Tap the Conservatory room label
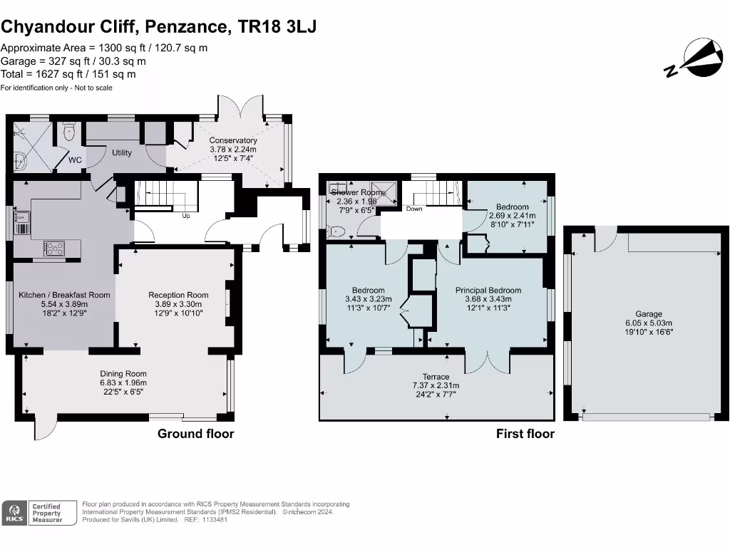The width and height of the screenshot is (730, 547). coord(233,140)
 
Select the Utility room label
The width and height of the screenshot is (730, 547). coord(122,152)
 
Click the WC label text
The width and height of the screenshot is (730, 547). coord(76,160)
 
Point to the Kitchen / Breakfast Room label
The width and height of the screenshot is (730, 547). coord(64,295)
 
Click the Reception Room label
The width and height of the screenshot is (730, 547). coord(178,295)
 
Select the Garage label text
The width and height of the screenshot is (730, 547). coord(649,314)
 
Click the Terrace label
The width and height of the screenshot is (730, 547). coord(436,377)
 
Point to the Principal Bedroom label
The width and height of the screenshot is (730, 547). coord(488,290)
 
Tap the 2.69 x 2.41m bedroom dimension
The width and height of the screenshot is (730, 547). coord(512,216)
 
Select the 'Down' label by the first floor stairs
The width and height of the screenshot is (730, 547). coord(414,209)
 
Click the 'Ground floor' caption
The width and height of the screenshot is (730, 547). coord(195,433)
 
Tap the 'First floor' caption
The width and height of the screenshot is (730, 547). coord(525,433)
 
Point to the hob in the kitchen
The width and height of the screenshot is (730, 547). coord(54,248)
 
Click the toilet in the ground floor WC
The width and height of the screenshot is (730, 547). coord(69,132)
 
